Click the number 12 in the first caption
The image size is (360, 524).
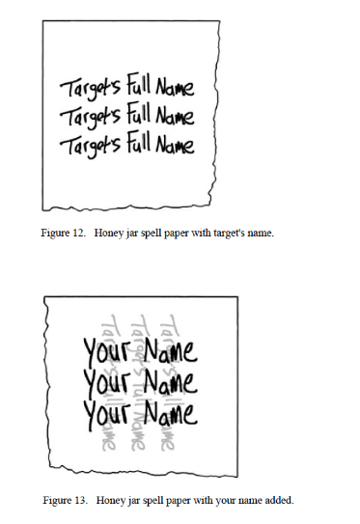[78, 233]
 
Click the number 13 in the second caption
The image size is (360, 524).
[80, 500]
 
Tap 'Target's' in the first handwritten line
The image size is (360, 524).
[91, 88]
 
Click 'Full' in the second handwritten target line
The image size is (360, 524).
[138, 114]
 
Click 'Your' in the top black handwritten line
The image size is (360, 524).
[106, 351]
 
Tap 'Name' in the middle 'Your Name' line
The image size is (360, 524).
[171, 382]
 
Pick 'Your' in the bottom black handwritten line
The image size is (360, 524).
[106, 414]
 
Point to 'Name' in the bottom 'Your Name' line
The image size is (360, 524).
[171, 413]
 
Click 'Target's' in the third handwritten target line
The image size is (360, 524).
[91, 146]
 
